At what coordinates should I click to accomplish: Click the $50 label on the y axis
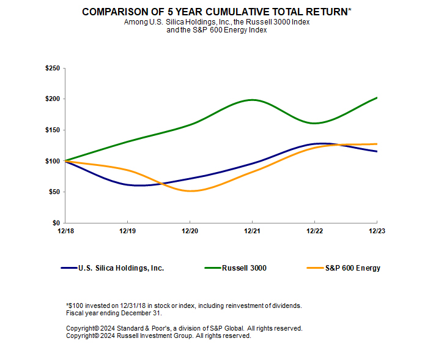(x=54, y=192)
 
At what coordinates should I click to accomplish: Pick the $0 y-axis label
(x=56, y=223)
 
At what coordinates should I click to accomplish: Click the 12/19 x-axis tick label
(x=127, y=231)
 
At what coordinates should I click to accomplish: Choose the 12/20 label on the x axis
(x=190, y=231)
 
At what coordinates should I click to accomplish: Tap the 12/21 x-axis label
(x=252, y=231)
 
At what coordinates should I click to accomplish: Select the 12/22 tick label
(x=314, y=231)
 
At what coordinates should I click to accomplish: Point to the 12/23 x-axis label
(x=376, y=231)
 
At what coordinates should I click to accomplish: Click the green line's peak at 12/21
(x=252, y=99)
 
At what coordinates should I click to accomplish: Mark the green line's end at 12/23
(x=376, y=97)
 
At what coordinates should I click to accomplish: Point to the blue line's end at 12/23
(x=376, y=151)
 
